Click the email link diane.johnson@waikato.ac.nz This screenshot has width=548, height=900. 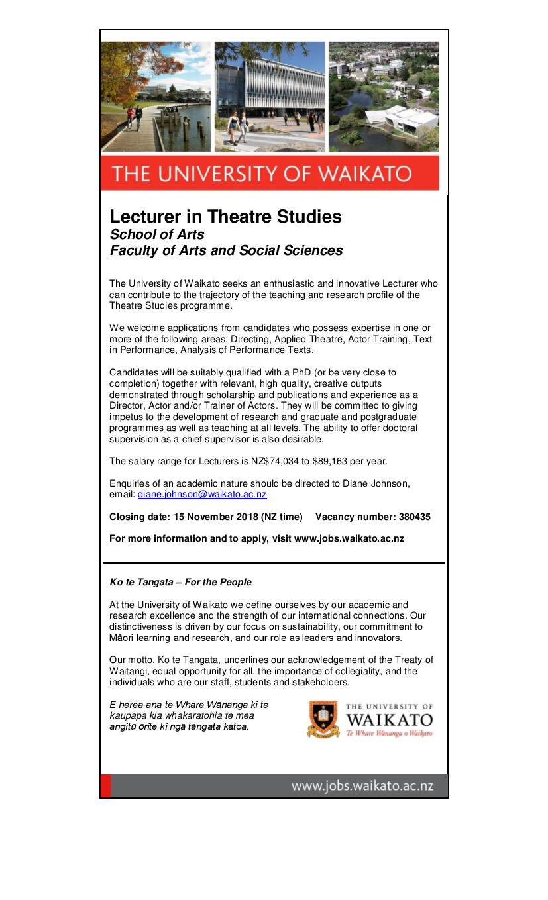(202, 495)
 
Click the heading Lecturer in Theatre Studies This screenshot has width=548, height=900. (225, 217)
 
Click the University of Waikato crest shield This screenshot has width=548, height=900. (323, 720)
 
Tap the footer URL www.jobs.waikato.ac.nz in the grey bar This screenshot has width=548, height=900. (362, 786)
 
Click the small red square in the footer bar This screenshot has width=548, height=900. (106, 786)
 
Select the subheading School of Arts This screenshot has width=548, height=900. (157, 234)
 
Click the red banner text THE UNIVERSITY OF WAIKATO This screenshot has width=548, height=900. (262, 174)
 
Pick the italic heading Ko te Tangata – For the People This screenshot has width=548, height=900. (180, 582)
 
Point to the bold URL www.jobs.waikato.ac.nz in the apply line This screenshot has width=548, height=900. (349, 538)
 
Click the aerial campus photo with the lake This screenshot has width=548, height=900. (384, 97)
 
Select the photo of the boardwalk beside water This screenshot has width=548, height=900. (156, 97)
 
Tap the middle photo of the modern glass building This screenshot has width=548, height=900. (270, 97)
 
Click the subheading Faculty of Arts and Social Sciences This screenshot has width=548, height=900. (226, 250)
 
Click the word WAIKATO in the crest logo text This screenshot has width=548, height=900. (389, 720)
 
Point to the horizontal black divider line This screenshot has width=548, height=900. (274, 562)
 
